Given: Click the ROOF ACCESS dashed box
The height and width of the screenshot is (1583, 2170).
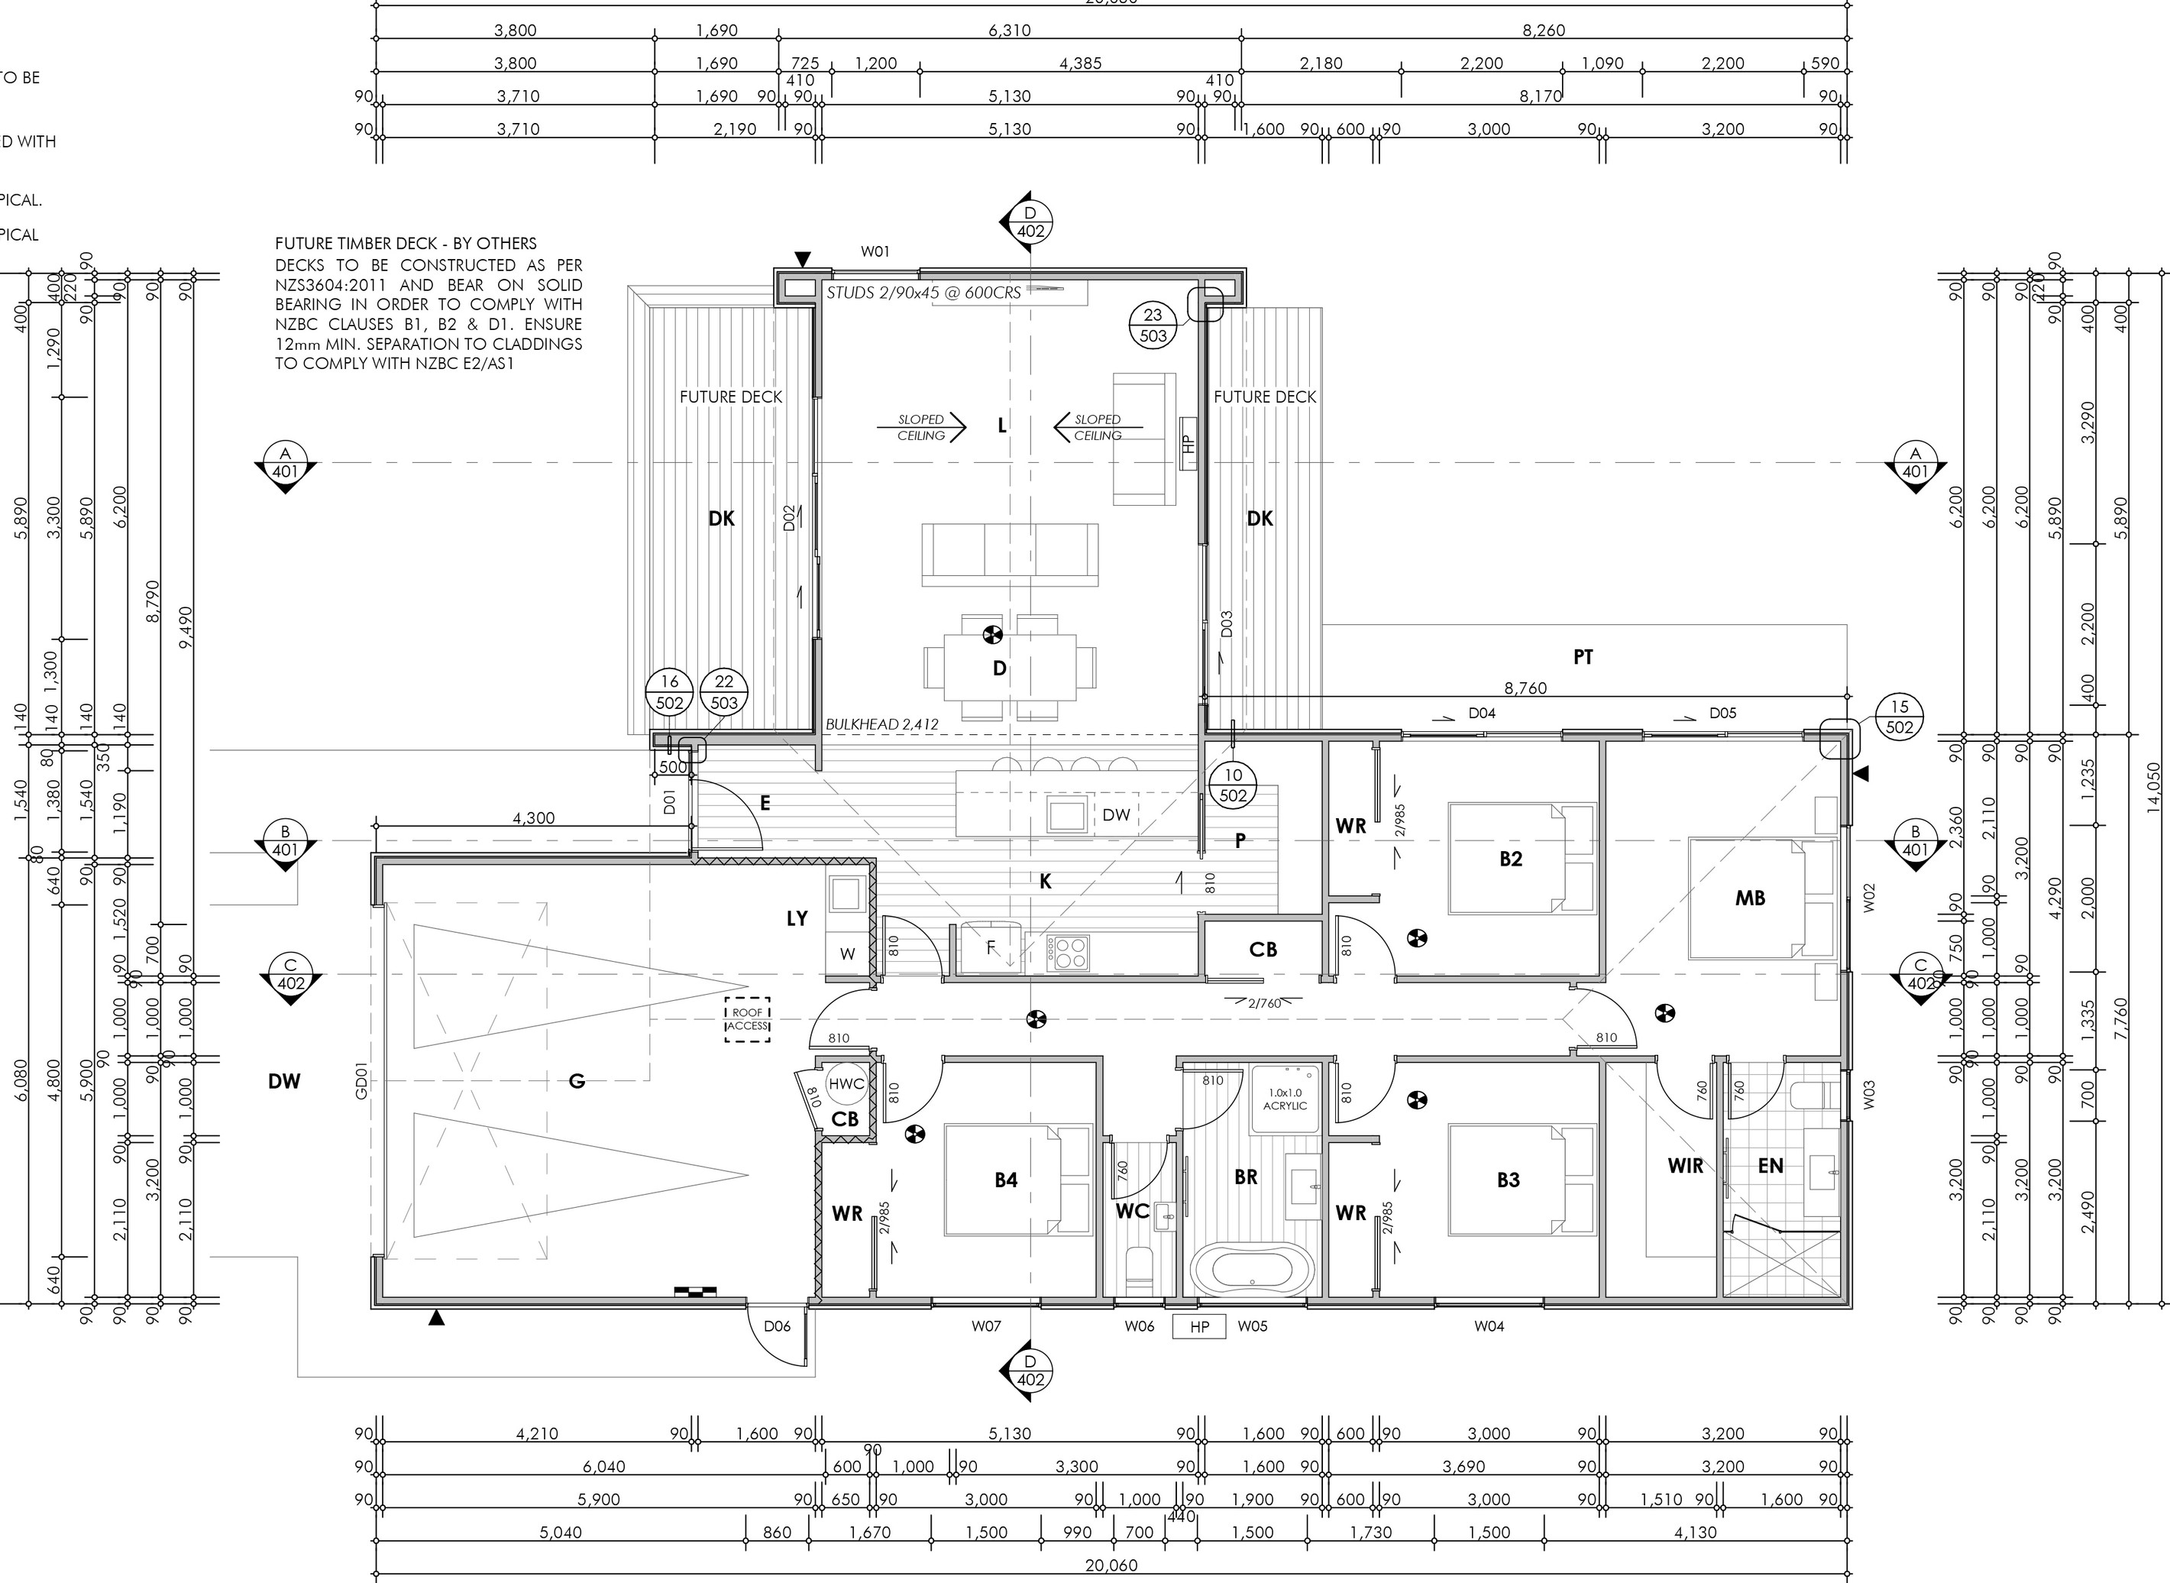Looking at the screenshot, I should [747, 1018].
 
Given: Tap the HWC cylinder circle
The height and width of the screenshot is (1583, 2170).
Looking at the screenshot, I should [846, 1084].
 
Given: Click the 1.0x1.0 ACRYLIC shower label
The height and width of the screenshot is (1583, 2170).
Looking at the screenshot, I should [1285, 1099].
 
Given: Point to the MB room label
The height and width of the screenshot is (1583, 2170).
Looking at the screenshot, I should [1749, 898].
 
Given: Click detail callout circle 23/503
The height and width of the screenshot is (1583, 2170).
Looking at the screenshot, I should [1153, 325].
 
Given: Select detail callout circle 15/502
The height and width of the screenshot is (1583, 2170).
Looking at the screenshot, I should [1899, 717].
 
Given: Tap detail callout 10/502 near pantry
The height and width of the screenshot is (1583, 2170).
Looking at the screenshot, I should [1233, 785].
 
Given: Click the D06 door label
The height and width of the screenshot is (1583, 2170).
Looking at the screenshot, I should [777, 1326].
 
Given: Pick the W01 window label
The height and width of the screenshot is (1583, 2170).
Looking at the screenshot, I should [875, 252].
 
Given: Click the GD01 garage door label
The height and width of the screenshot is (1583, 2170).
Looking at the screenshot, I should [362, 1080].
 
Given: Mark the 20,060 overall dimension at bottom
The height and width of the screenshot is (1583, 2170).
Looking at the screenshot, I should [1111, 1565].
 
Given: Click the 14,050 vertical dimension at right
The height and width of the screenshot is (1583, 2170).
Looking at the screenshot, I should [2155, 788].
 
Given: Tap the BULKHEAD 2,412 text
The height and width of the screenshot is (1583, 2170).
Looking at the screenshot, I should [881, 724].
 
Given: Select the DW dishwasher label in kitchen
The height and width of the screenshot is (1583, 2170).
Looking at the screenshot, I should [1116, 815].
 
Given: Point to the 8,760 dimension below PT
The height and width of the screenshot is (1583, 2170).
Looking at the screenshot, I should [1525, 688].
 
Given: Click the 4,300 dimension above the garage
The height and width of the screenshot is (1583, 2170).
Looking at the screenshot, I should [534, 818].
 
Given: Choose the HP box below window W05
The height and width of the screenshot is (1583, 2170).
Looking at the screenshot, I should [1199, 1327].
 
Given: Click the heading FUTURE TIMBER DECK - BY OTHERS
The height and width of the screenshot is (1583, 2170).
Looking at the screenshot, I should [406, 244].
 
